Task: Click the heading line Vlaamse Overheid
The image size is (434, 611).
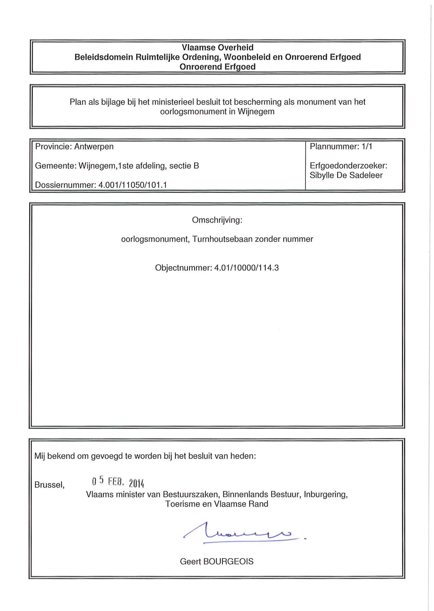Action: pos(217,48)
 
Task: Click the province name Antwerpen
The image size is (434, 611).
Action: pos(94,147)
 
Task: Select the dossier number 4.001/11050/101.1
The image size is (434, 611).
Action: pos(132,185)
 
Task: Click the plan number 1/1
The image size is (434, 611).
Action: pos(367,147)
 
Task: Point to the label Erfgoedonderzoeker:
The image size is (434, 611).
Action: pos(348,166)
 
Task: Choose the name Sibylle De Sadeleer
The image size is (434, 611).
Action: pos(346,175)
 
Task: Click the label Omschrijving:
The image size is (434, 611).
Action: pos(217,220)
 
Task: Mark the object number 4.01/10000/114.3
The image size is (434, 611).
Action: pos(246,268)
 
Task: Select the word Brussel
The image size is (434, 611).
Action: pos(49,485)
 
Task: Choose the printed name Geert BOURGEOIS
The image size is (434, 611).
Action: pos(217,561)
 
